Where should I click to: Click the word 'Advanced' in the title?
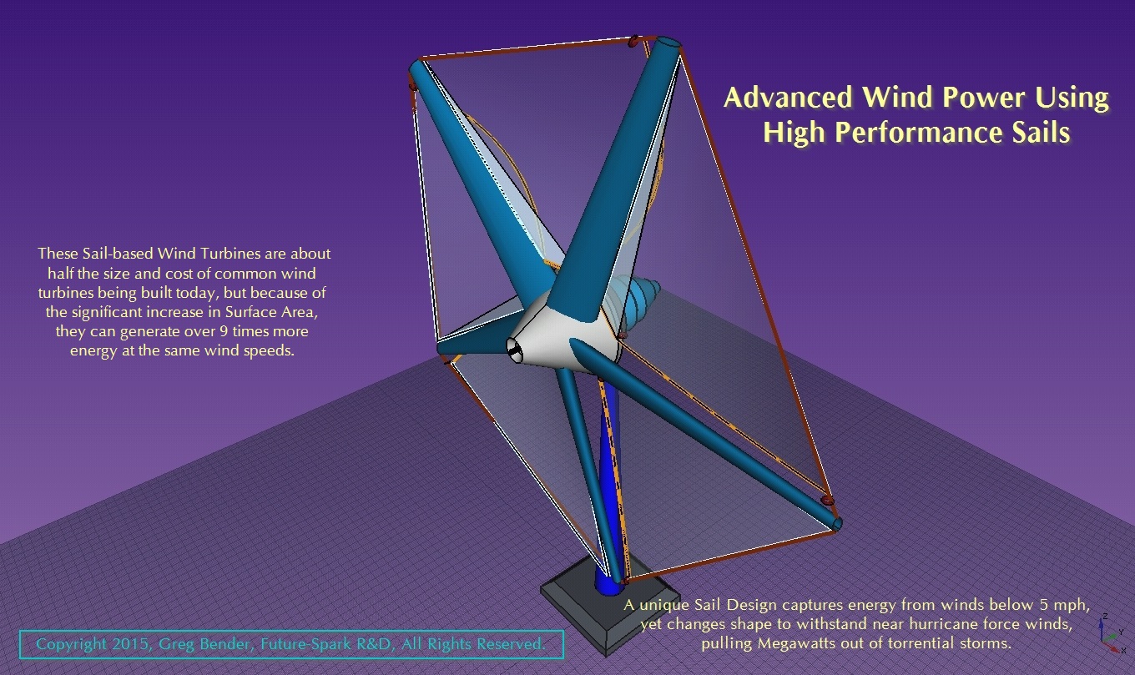tap(788, 97)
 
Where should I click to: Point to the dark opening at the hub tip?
tap(515, 351)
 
